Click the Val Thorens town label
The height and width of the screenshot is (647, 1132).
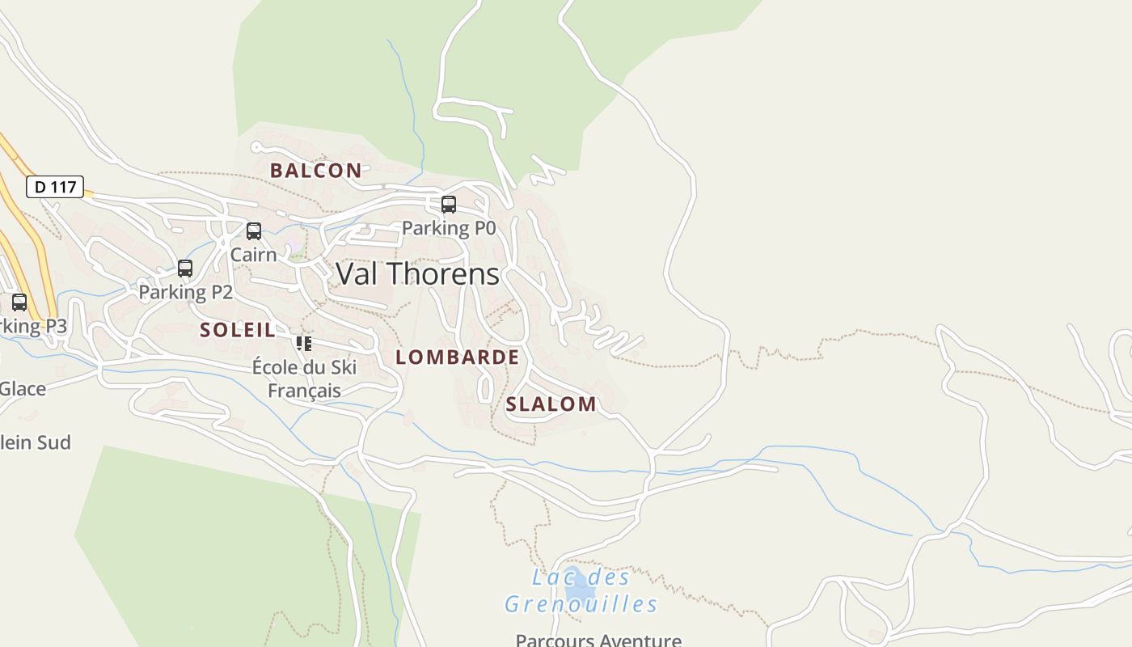417,274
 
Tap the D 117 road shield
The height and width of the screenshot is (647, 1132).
55,187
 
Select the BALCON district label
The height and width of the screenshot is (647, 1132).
315,171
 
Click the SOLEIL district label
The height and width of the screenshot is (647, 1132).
238,330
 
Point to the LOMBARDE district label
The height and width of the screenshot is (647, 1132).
457,357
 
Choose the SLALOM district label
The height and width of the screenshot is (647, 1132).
551,404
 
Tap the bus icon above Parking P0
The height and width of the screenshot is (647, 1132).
449,205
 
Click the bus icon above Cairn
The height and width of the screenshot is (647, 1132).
254,231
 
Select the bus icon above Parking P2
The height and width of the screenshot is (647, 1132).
185,269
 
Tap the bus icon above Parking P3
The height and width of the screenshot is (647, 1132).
19,302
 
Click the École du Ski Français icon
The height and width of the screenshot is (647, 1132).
304,344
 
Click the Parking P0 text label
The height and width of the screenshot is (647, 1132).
449,229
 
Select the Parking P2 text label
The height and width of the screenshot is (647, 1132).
185,292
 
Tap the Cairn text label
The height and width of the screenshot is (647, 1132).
253,255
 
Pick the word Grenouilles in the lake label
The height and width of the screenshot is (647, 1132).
581,604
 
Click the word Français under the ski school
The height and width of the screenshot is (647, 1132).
304,391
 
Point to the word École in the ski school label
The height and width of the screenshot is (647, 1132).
276,367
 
